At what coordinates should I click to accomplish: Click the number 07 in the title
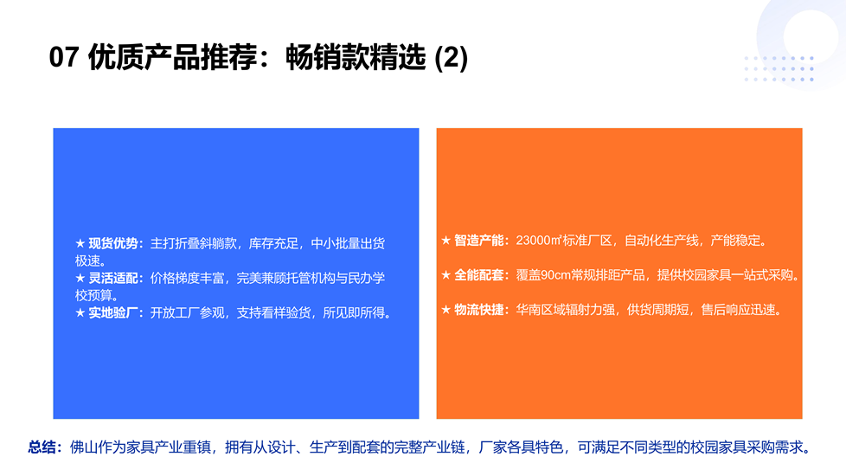64,57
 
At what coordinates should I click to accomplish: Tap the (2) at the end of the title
451,58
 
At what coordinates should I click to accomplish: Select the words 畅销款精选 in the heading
356,57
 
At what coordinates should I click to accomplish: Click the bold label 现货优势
113,243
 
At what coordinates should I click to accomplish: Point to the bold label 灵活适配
113,278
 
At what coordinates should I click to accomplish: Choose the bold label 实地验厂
113,312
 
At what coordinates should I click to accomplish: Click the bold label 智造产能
479,240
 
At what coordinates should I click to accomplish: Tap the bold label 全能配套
479,274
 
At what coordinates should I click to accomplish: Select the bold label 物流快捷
479,309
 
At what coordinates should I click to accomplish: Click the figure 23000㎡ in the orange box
539,240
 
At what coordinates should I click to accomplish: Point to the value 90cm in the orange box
555,274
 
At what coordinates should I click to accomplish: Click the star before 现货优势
80,243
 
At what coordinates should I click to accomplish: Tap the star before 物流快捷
446,309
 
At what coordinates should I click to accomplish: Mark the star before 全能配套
446,274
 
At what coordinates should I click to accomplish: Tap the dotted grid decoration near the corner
779,68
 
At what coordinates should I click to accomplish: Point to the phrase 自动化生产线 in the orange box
662,240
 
